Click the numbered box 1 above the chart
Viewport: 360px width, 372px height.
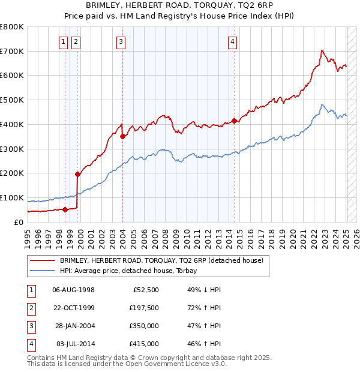coord(64,41)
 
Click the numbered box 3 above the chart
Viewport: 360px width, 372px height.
coord(121,41)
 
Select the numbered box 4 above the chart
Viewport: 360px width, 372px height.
coord(232,41)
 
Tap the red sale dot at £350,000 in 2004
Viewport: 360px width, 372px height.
coord(122,136)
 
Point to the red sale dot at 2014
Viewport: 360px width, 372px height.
coord(234,121)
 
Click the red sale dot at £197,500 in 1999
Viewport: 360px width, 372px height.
coord(77,174)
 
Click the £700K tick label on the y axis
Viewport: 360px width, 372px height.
coord(12,51)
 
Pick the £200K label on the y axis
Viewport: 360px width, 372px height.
coord(12,173)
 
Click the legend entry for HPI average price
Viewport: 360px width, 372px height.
coord(132,271)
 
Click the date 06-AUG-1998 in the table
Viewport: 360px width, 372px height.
coord(74,290)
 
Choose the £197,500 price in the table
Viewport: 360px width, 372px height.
coord(144,308)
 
